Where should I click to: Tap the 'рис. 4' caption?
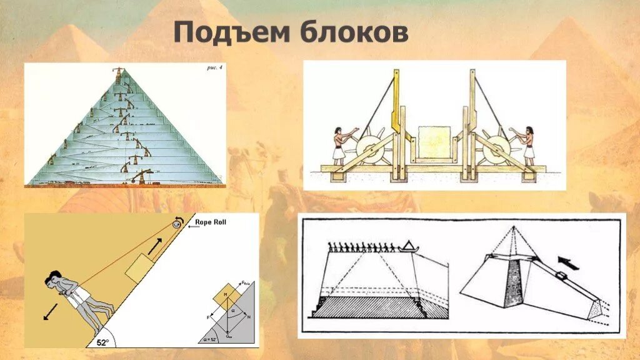pos(211,68)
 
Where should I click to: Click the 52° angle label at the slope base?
pos(102,342)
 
